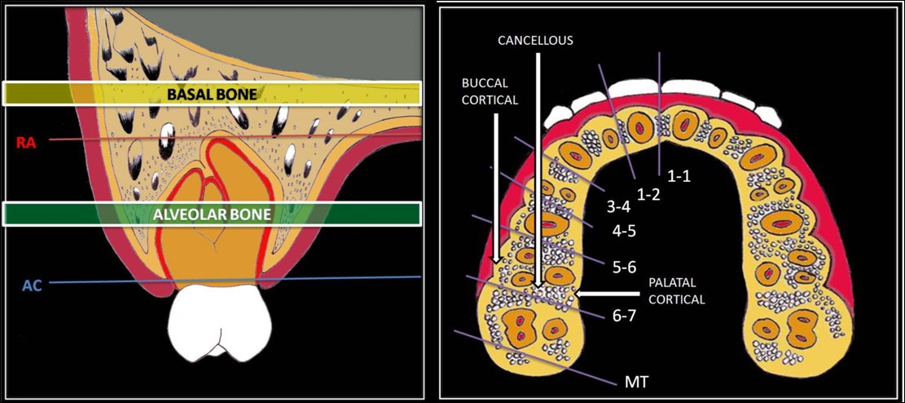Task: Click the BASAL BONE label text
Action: [x=212, y=95]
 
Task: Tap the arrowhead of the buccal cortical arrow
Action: [x=495, y=260]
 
